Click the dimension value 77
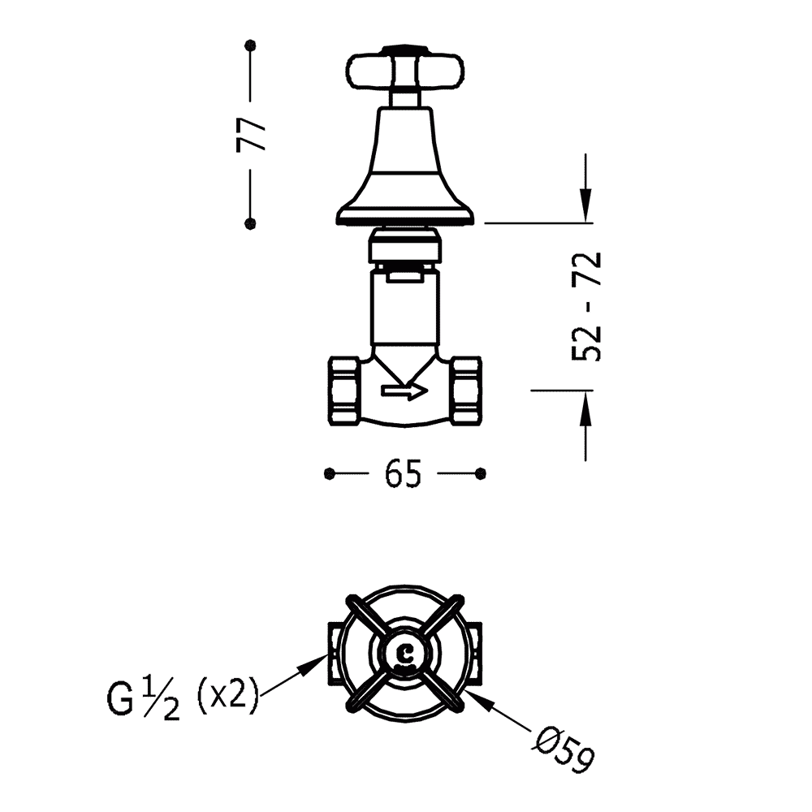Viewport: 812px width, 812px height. click(251, 135)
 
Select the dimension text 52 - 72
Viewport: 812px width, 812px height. click(586, 307)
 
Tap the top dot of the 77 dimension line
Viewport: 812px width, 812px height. click(251, 45)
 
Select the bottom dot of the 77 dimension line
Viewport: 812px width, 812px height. click(250, 223)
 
